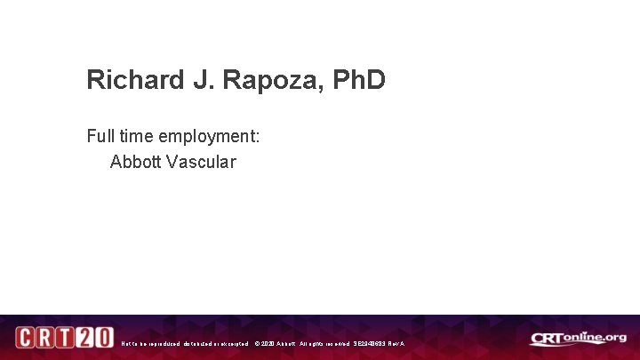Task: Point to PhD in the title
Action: [359, 80]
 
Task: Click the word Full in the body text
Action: [100, 137]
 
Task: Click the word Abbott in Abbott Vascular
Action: [133, 163]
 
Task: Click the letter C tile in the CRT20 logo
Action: [26, 339]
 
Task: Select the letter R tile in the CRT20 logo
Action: [45, 339]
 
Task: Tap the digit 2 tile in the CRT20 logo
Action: [84, 339]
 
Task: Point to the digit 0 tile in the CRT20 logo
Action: [102, 339]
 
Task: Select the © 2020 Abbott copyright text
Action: [276, 343]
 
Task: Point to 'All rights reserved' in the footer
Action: [324, 343]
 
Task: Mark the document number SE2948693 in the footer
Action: [372, 343]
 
